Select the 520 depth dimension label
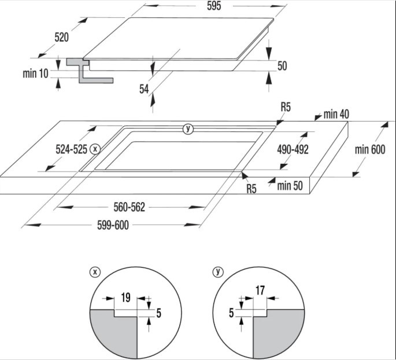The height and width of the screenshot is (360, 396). pos(62,37)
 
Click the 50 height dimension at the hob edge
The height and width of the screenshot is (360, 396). pos(282,67)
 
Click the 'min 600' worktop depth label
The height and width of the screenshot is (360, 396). pos(369,150)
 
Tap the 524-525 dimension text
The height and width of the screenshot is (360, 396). pos(71,149)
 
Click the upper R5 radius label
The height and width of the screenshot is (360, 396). pos(286,107)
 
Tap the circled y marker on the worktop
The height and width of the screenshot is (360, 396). pos(187,128)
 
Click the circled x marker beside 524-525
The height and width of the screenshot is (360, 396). pos(96,149)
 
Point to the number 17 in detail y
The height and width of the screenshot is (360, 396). pos(260,291)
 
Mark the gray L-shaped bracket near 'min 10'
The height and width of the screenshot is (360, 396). pos(87,72)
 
